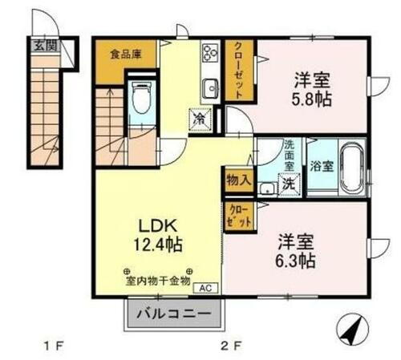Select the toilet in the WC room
click(x=142, y=101)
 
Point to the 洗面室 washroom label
click(x=290, y=153)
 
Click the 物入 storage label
click(x=239, y=179)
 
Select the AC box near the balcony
click(x=204, y=286)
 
